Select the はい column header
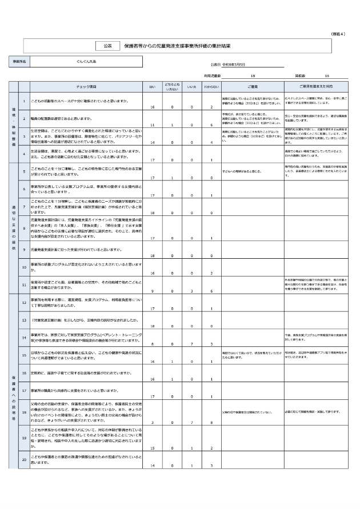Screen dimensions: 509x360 click(152, 86)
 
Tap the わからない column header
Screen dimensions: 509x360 click(211, 86)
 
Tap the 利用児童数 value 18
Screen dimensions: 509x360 click(253, 75)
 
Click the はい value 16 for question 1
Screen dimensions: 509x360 click(152, 107)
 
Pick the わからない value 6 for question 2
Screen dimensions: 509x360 click(211, 125)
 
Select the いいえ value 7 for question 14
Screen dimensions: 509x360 click(192, 344)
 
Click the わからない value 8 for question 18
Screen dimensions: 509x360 click(211, 422)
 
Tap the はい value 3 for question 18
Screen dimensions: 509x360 click(152, 422)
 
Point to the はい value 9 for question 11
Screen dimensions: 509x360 click(152, 291)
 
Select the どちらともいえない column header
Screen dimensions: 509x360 click(171, 86)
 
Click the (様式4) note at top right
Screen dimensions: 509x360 click(338, 34)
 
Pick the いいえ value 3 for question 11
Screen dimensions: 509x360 click(192, 291)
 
